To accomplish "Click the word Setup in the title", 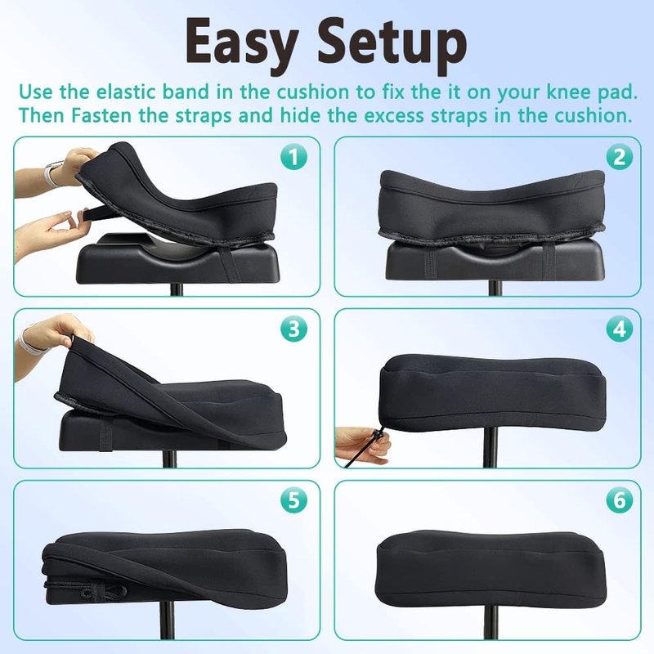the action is click(392, 45).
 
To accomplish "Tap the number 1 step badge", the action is click(293, 157).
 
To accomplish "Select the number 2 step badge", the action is click(620, 157).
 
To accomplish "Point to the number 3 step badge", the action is click(293, 329).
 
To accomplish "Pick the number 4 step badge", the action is click(620, 329).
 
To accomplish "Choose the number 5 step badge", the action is click(293, 499).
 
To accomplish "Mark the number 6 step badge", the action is click(620, 499).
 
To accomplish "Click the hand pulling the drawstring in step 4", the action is click(362, 445).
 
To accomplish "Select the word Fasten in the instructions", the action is click(101, 115).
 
